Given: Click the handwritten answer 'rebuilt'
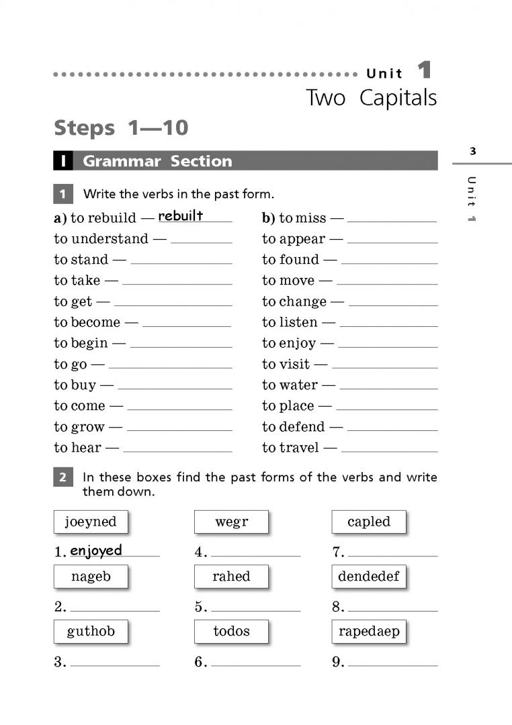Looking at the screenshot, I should tap(180, 215).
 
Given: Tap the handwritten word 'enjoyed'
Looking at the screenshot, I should tap(96, 551).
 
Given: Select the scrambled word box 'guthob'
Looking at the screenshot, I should tap(91, 631).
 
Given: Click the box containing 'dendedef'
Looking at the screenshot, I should tap(369, 576).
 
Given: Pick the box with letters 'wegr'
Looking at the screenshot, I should tap(231, 522).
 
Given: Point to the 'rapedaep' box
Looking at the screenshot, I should tap(369, 631).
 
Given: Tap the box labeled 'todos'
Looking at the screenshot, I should tap(231, 631).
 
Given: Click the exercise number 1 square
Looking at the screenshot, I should tap(62, 195).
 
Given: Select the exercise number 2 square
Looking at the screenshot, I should tap(62, 478).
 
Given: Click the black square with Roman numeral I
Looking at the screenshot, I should tap(62, 161).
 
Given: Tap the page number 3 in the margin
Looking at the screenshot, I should tap(473, 151).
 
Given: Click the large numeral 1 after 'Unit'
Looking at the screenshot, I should tap(424, 70).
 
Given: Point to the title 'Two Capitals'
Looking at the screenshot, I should tap(371, 98).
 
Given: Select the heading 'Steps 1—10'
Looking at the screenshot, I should tap(121, 128).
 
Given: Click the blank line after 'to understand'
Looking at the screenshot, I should tap(202, 242).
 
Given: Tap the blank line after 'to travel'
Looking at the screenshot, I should tap(389, 450).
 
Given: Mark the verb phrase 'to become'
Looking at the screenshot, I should tap(87, 322).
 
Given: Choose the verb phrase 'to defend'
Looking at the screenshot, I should tap(293, 427).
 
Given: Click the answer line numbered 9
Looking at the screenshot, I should tap(392, 665).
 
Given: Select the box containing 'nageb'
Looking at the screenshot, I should tap(91, 576).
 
